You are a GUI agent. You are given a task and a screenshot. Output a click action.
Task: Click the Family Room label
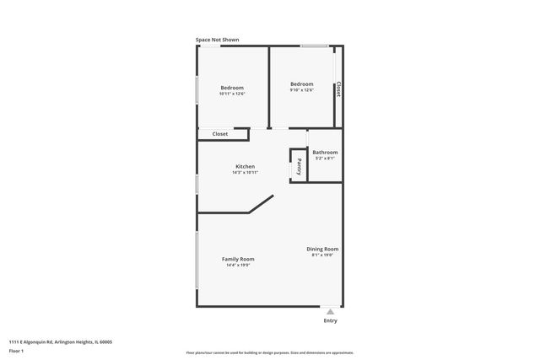(x=238, y=259)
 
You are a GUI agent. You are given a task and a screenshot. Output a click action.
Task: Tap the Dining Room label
(x=322, y=249)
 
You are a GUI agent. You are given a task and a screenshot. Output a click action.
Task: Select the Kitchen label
(x=245, y=166)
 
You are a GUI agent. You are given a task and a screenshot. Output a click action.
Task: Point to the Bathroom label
(x=325, y=153)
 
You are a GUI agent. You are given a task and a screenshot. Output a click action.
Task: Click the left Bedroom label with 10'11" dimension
(x=232, y=88)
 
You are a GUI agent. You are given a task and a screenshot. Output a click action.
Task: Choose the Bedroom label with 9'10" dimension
(x=302, y=83)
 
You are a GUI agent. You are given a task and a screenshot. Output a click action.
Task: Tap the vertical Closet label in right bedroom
(x=338, y=89)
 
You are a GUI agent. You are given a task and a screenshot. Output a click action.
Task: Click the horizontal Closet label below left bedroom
(x=220, y=133)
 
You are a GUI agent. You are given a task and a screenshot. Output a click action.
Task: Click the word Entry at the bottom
(x=330, y=321)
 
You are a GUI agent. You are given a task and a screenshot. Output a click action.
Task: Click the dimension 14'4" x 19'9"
(x=239, y=266)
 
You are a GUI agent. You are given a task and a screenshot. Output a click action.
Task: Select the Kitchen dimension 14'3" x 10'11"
(x=245, y=172)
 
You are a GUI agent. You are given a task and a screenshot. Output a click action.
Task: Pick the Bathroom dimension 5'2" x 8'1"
(x=325, y=159)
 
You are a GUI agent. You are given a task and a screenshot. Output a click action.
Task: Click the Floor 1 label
(x=17, y=350)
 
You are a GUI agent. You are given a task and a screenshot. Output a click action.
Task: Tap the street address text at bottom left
(x=60, y=341)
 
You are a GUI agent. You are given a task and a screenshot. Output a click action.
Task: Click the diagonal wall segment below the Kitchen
(x=261, y=205)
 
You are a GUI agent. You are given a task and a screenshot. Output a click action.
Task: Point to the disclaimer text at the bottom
(x=269, y=352)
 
